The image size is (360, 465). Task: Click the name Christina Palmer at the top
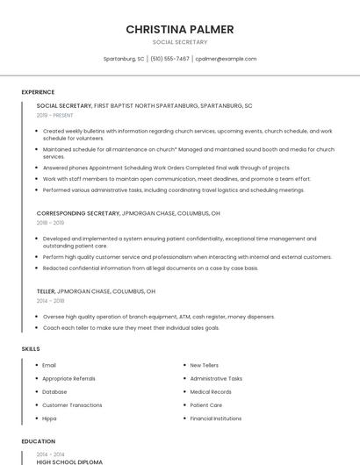pyautogui.click(x=180, y=29)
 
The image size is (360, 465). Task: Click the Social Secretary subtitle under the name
pyautogui.click(x=180, y=41)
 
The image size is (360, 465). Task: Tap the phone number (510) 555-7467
pyautogui.click(x=169, y=59)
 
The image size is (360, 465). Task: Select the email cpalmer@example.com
pyautogui.click(x=226, y=59)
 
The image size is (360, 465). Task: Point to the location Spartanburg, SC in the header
pyautogui.click(x=124, y=59)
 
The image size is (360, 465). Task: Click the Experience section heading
pyautogui.click(x=38, y=92)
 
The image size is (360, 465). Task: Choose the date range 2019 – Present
pyautogui.click(x=54, y=115)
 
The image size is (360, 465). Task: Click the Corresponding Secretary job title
pyautogui.click(x=78, y=213)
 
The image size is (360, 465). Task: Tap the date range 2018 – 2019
pyautogui.click(x=50, y=223)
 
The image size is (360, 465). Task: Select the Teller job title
pyautogui.click(x=46, y=290)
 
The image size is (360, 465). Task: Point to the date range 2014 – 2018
pyautogui.click(x=50, y=300)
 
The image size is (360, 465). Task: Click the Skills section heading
pyautogui.click(x=31, y=349)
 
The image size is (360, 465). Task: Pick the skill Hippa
pyautogui.click(x=49, y=419)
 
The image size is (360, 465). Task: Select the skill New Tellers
pyautogui.click(x=205, y=365)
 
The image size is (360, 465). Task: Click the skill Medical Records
pyautogui.click(x=211, y=392)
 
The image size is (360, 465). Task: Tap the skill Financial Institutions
pyautogui.click(x=216, y=419)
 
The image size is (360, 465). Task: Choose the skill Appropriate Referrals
pyautogui.click(x=68, y=378)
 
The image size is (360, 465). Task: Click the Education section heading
pyautogui.click(x=38, y=441)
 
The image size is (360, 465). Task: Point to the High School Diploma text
pyautogui.click(x=69, y=461)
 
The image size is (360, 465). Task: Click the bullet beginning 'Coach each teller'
pyautogui.click(x=131, y=327)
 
